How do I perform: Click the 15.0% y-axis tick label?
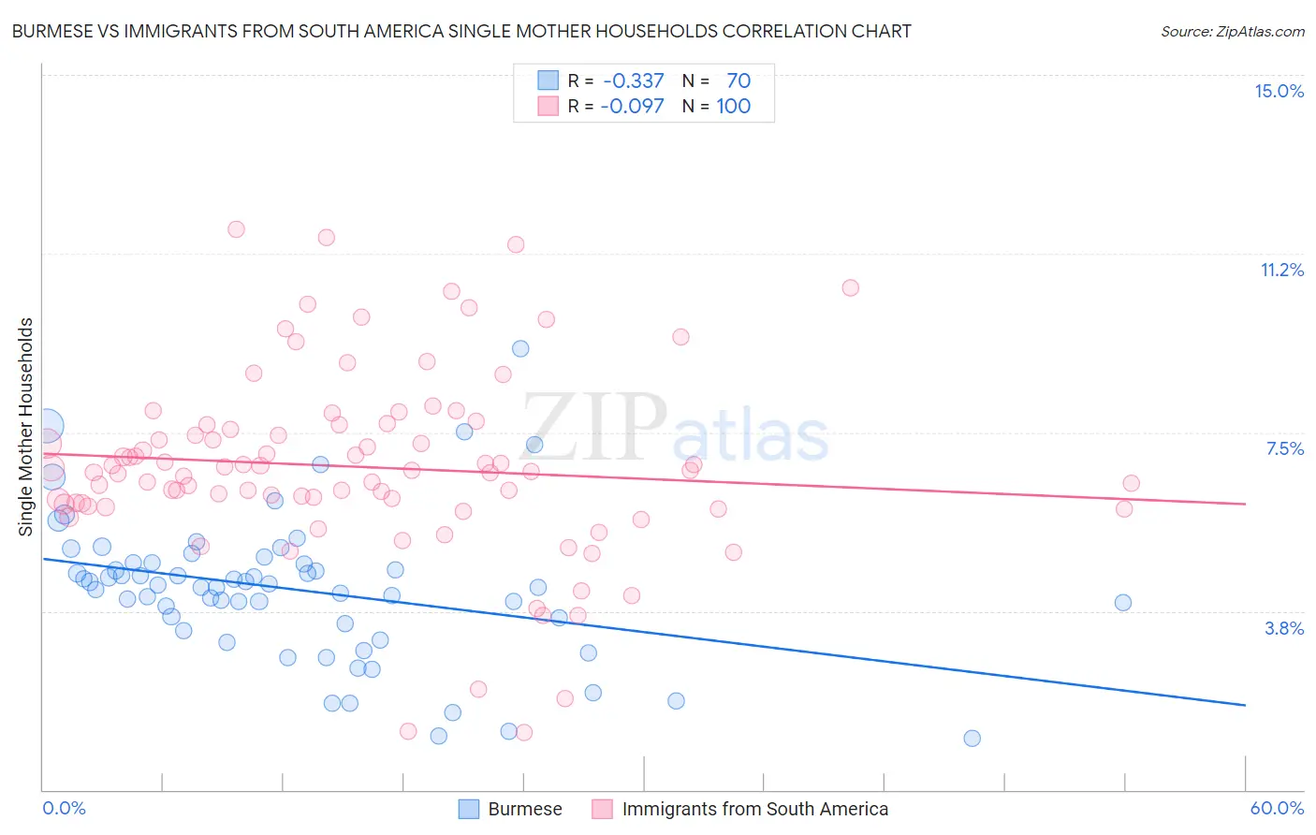click(x=1279, y=91)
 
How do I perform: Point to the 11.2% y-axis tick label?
click(x=1281, y=270)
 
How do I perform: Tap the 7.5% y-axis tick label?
click(x=1284, y=448)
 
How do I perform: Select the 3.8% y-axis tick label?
click(x=1284, y=628)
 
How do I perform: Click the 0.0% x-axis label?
click(x=64, y=808)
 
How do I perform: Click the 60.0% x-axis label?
click(x=1277, y=808)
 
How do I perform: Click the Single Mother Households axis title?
click(x=26, y=427)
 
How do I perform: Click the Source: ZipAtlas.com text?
click(x=1232, y=31)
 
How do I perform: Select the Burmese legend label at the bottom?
click(x=524, y=809)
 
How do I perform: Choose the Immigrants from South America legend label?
click(x=754, y=809)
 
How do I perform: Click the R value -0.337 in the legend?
click(x=633, y=81)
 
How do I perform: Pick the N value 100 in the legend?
click(x=733, y=106)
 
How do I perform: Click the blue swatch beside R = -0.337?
click(x=548, y=81)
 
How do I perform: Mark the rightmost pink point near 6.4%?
click(x=1131, y=483)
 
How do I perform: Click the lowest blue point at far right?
click(x=972, y=738)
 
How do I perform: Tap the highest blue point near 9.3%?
click(x=520, y=348)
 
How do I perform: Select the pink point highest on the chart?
click(x=236, y=228)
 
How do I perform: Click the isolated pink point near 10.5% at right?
click(x=850, y=287)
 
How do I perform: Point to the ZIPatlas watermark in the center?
click(x=674, y=429)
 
